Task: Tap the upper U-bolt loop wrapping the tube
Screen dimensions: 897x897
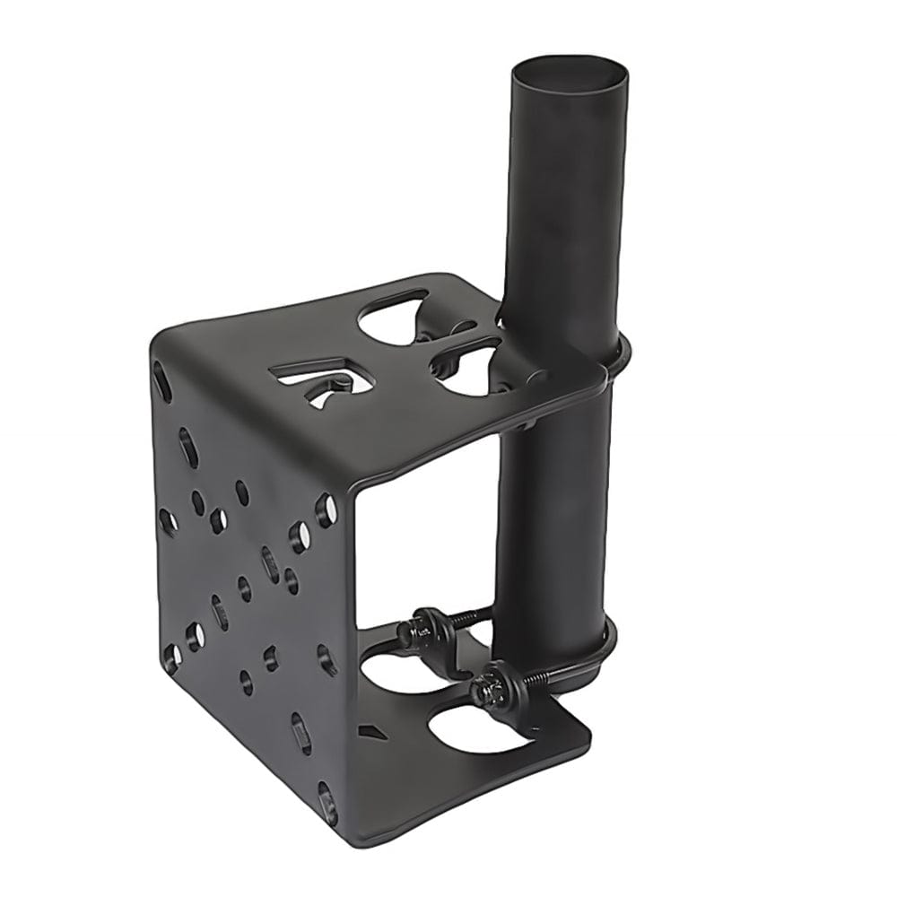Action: pyautogui.click(x=619, y=359)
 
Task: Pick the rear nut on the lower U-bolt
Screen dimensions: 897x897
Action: pyautogui.click(x=424, y=625)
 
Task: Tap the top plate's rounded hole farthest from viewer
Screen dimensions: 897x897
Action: pyautogui.click(x=395, y=318)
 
